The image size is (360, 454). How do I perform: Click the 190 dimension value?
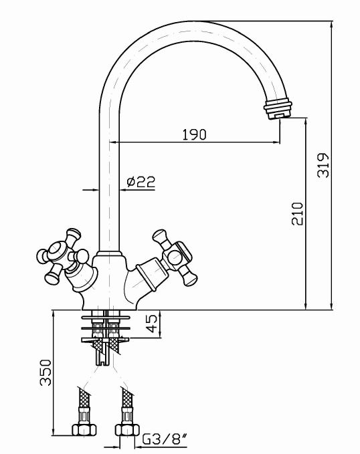pyautogui.click(x=194, y=134)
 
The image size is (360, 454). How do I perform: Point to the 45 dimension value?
pyautogui.click(x=152, y=324)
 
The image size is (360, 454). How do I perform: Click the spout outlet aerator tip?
pyautogui.click(x=278, y=109)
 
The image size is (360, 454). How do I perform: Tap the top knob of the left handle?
pyautogui.click(x=72, y=235)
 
